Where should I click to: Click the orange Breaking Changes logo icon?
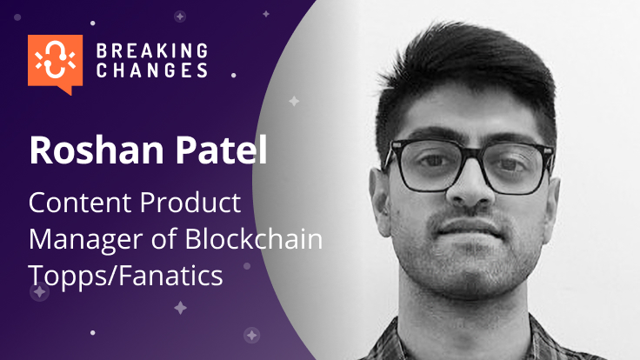click(55, 62)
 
